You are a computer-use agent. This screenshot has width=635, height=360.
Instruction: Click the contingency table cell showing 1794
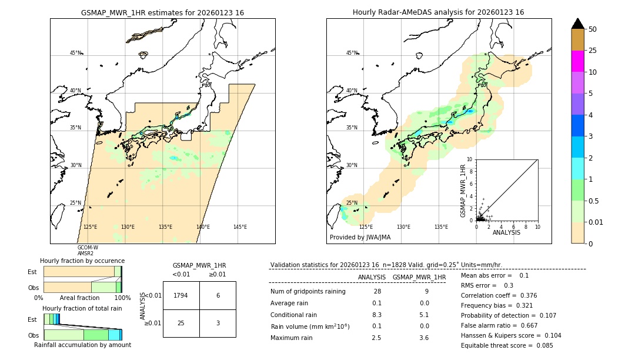coord(181,295)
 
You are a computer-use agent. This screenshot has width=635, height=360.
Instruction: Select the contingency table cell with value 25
coord(181,323)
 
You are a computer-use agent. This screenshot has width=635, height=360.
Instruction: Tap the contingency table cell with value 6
coord(218,295)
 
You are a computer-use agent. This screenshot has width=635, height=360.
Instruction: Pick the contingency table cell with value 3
coord(218,323)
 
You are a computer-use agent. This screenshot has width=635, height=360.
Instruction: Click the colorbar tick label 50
coord(593,29)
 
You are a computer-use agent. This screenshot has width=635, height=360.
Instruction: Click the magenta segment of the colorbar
coord(578,61)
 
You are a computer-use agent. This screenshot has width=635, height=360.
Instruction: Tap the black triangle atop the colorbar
coord(578,24)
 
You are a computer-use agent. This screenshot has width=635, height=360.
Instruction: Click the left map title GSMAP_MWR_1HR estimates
coord(162,12)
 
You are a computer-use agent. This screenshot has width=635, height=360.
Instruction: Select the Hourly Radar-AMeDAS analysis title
coord(439,12)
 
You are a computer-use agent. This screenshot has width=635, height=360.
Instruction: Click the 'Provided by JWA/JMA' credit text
coord(360,238)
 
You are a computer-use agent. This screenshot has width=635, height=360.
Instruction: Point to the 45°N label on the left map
coord(76,53)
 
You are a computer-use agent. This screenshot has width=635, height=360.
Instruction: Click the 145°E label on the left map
coord(240,227)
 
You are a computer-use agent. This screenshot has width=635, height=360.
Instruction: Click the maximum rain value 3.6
coord(423,338)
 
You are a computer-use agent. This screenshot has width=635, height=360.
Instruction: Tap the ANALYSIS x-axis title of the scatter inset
coord(506,232)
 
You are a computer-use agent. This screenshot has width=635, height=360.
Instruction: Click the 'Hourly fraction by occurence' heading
coord(82,261)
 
